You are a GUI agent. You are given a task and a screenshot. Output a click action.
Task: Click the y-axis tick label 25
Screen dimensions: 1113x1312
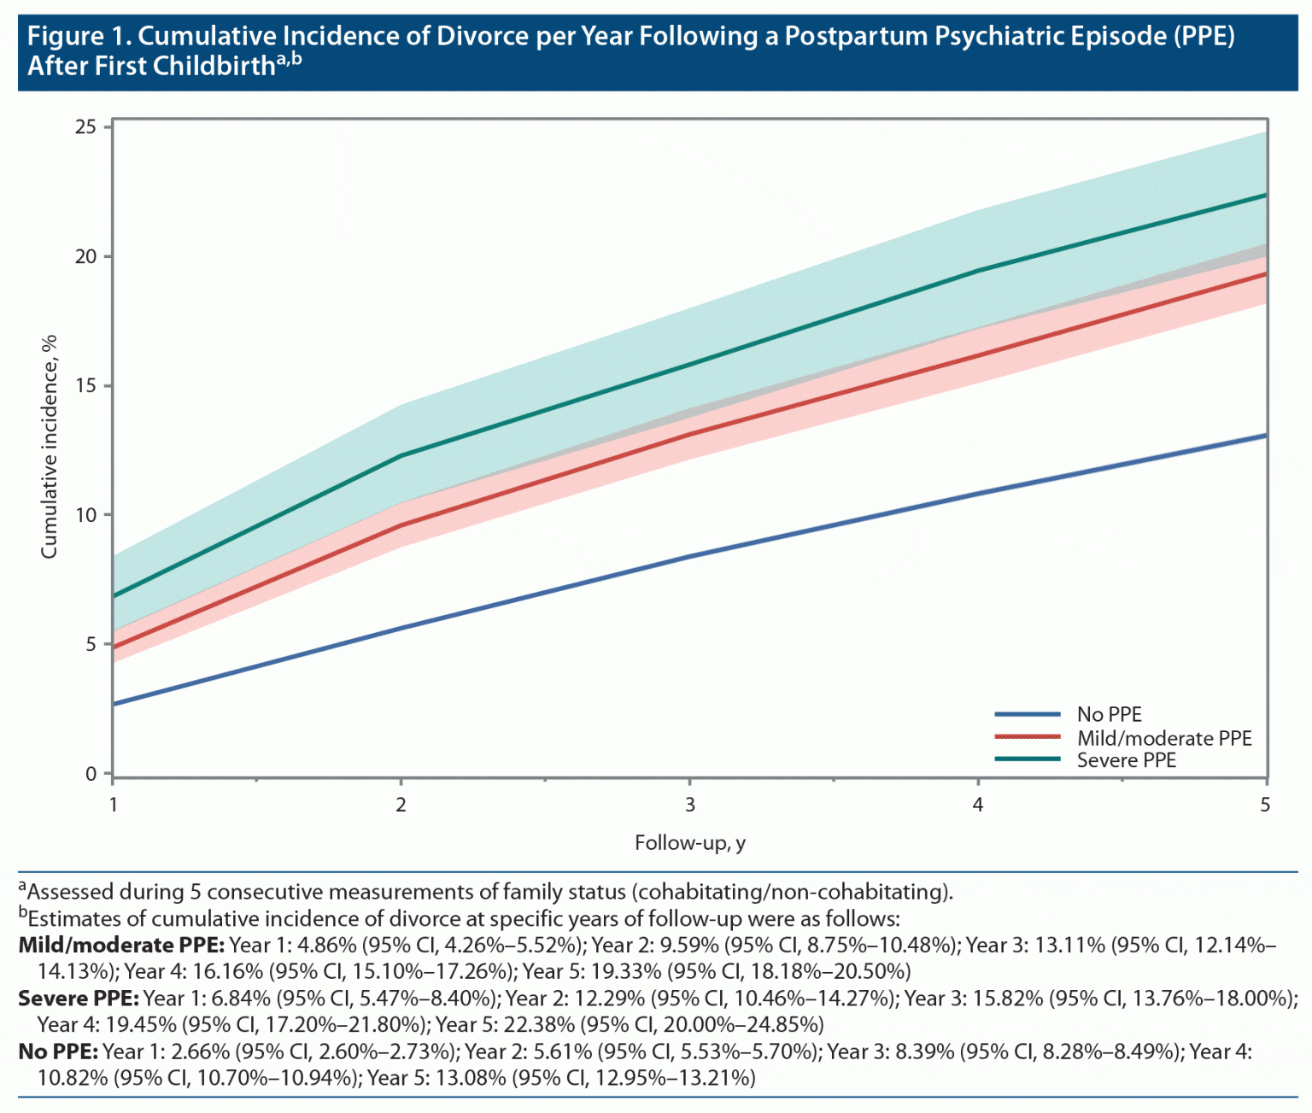tap(85, 127)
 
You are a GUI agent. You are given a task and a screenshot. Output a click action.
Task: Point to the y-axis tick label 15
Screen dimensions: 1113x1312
tap(85, 386)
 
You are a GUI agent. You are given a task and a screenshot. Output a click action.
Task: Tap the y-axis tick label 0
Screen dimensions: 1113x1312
tap(91, 774)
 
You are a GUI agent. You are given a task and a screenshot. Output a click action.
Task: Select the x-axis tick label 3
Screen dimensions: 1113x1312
tap(689, 805)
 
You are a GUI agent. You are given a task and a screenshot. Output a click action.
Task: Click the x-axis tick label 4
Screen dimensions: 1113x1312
tap(978, 805)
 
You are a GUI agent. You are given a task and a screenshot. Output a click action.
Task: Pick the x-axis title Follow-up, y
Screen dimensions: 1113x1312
tap(689, 843)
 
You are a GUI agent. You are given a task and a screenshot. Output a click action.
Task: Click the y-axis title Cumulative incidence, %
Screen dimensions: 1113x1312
tap(50, 447)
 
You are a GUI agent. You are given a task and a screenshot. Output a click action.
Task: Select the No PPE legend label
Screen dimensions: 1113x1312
tap(1109, 714)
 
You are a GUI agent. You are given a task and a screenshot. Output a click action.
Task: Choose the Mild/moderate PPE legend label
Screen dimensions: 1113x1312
tap(1163, 738)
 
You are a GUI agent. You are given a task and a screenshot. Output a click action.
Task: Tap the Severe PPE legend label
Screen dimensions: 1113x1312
tap(1126, 760)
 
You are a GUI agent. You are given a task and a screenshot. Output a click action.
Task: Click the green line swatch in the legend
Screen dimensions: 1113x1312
tap(1028, 759)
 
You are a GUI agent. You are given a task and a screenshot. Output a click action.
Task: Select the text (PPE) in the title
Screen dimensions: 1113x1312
tap(1204, 37)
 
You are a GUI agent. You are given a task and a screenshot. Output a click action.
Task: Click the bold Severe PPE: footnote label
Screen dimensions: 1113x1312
tap(79, 998)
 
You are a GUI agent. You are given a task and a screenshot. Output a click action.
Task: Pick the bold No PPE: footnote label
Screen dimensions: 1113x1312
tap(58, 1051)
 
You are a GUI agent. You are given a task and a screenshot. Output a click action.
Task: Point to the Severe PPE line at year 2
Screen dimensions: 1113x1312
tap(401, 455)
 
